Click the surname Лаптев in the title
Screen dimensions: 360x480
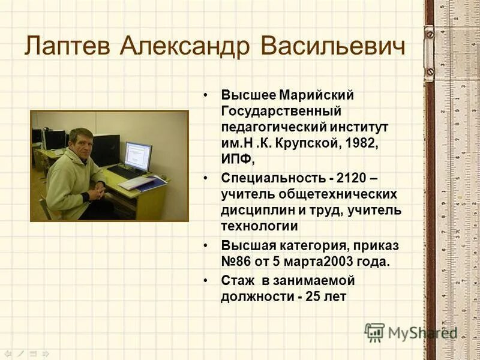(67, 46)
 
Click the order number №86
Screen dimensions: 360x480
(236, 262)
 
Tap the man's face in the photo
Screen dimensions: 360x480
(82, 145)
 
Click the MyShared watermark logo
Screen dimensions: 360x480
(410, 332)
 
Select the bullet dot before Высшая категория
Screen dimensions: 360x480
(206, 246)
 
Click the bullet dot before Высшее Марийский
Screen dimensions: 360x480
(206, 95)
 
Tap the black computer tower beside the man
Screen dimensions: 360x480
(106, 150)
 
